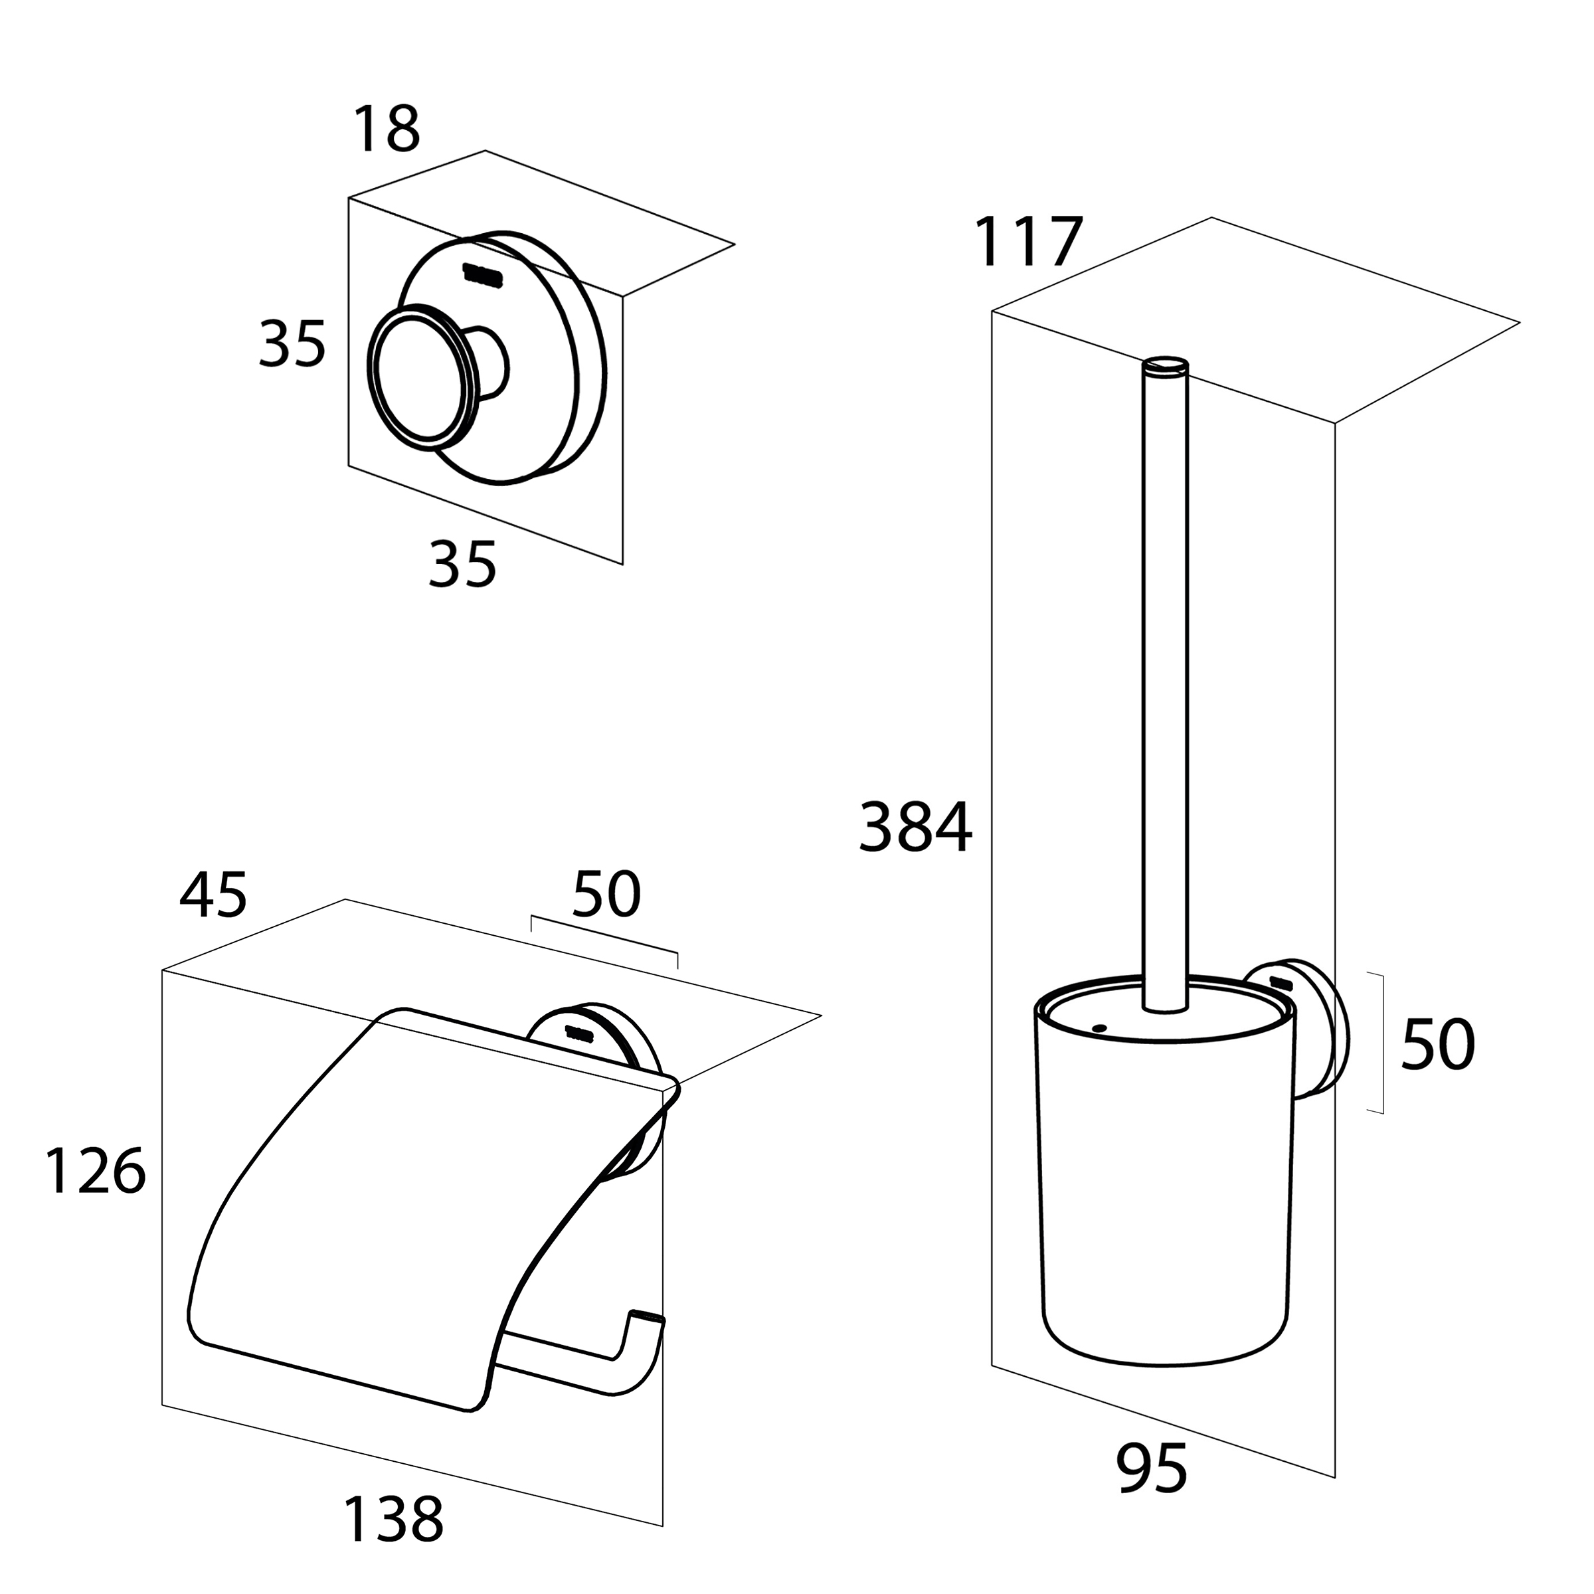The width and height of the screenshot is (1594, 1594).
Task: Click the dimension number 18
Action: pyautogui.click(x=386, y=130)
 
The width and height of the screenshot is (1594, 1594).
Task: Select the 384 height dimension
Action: pyautogui.click(x=915, y=828)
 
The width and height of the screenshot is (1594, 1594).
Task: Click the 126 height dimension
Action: pyautogui.click(x=94, y=1172)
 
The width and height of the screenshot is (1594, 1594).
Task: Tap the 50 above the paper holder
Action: pyautogui.click(x=606, y=895)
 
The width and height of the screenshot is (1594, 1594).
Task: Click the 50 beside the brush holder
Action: pyautogui.click(x=1437, y=1045)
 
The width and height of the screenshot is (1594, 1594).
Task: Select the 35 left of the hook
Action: pyautogui.click(x=292, y=344)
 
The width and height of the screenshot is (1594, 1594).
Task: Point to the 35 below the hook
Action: pyautogui.click(x=462, y=565)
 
